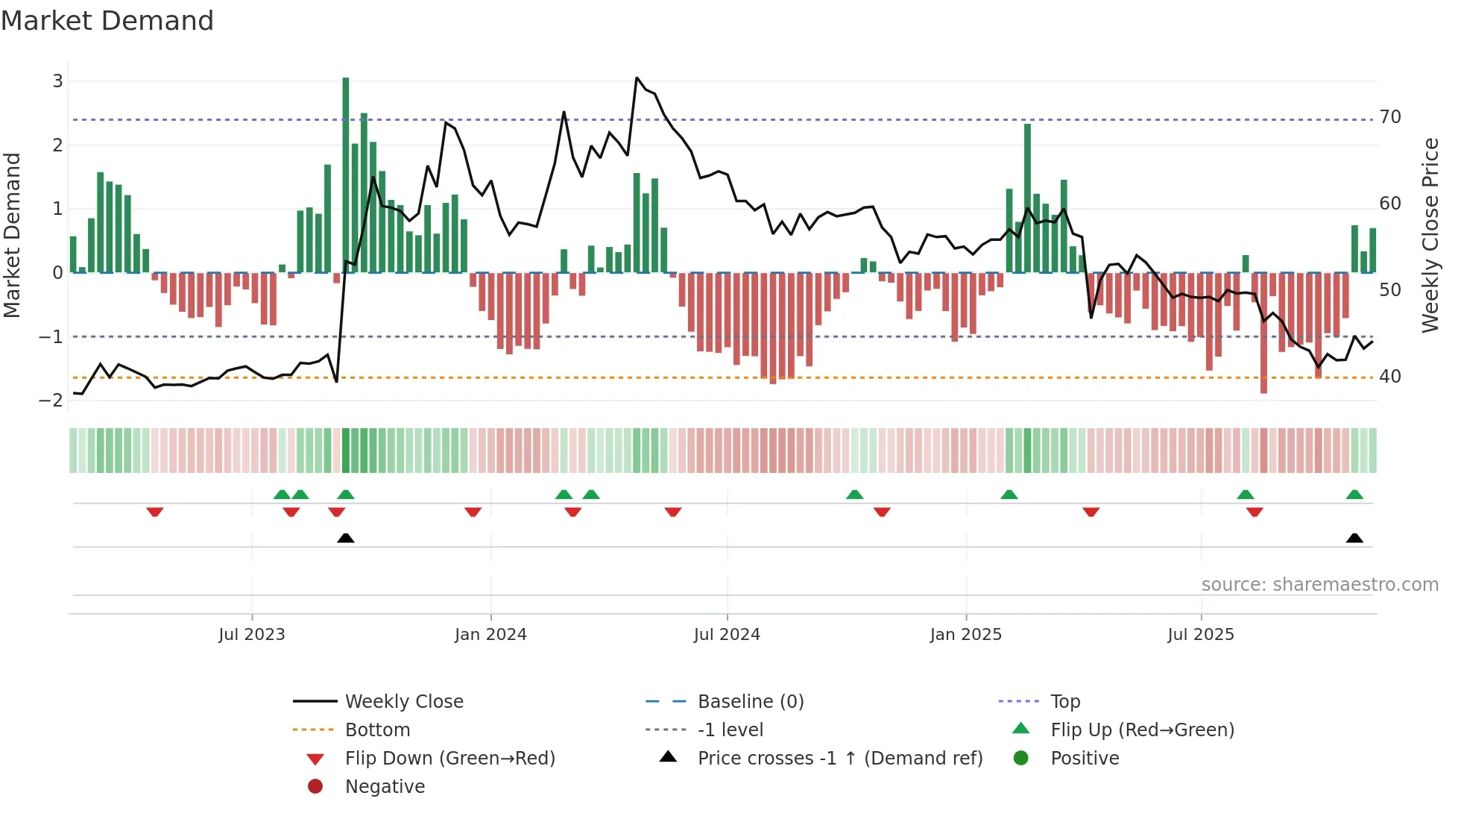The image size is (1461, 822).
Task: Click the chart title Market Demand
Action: point(107,21)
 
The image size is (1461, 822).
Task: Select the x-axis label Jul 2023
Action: point(252,635)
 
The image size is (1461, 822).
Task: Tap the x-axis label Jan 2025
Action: point(966,635)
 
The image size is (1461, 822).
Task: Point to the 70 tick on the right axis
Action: point(1390,117)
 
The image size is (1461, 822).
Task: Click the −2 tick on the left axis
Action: point(51,401)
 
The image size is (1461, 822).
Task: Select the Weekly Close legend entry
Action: point(403,702)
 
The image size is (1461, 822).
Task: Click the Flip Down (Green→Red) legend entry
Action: point(449,759)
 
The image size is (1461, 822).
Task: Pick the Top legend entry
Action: point(1065,702)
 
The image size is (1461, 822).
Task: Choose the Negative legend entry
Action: point(385,787)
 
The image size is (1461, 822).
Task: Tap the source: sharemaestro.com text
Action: point(1319,585)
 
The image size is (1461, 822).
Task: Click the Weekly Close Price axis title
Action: point(1430,235)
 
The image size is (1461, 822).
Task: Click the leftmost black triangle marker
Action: point(346,539)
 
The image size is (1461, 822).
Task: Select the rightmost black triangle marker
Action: point(1354,539)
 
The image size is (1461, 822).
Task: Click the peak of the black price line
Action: point(637,78)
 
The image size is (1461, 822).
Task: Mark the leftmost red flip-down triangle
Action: point(155,512)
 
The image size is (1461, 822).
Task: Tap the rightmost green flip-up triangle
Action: point(1354,495)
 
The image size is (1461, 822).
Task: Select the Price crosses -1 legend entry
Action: point(839,759)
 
